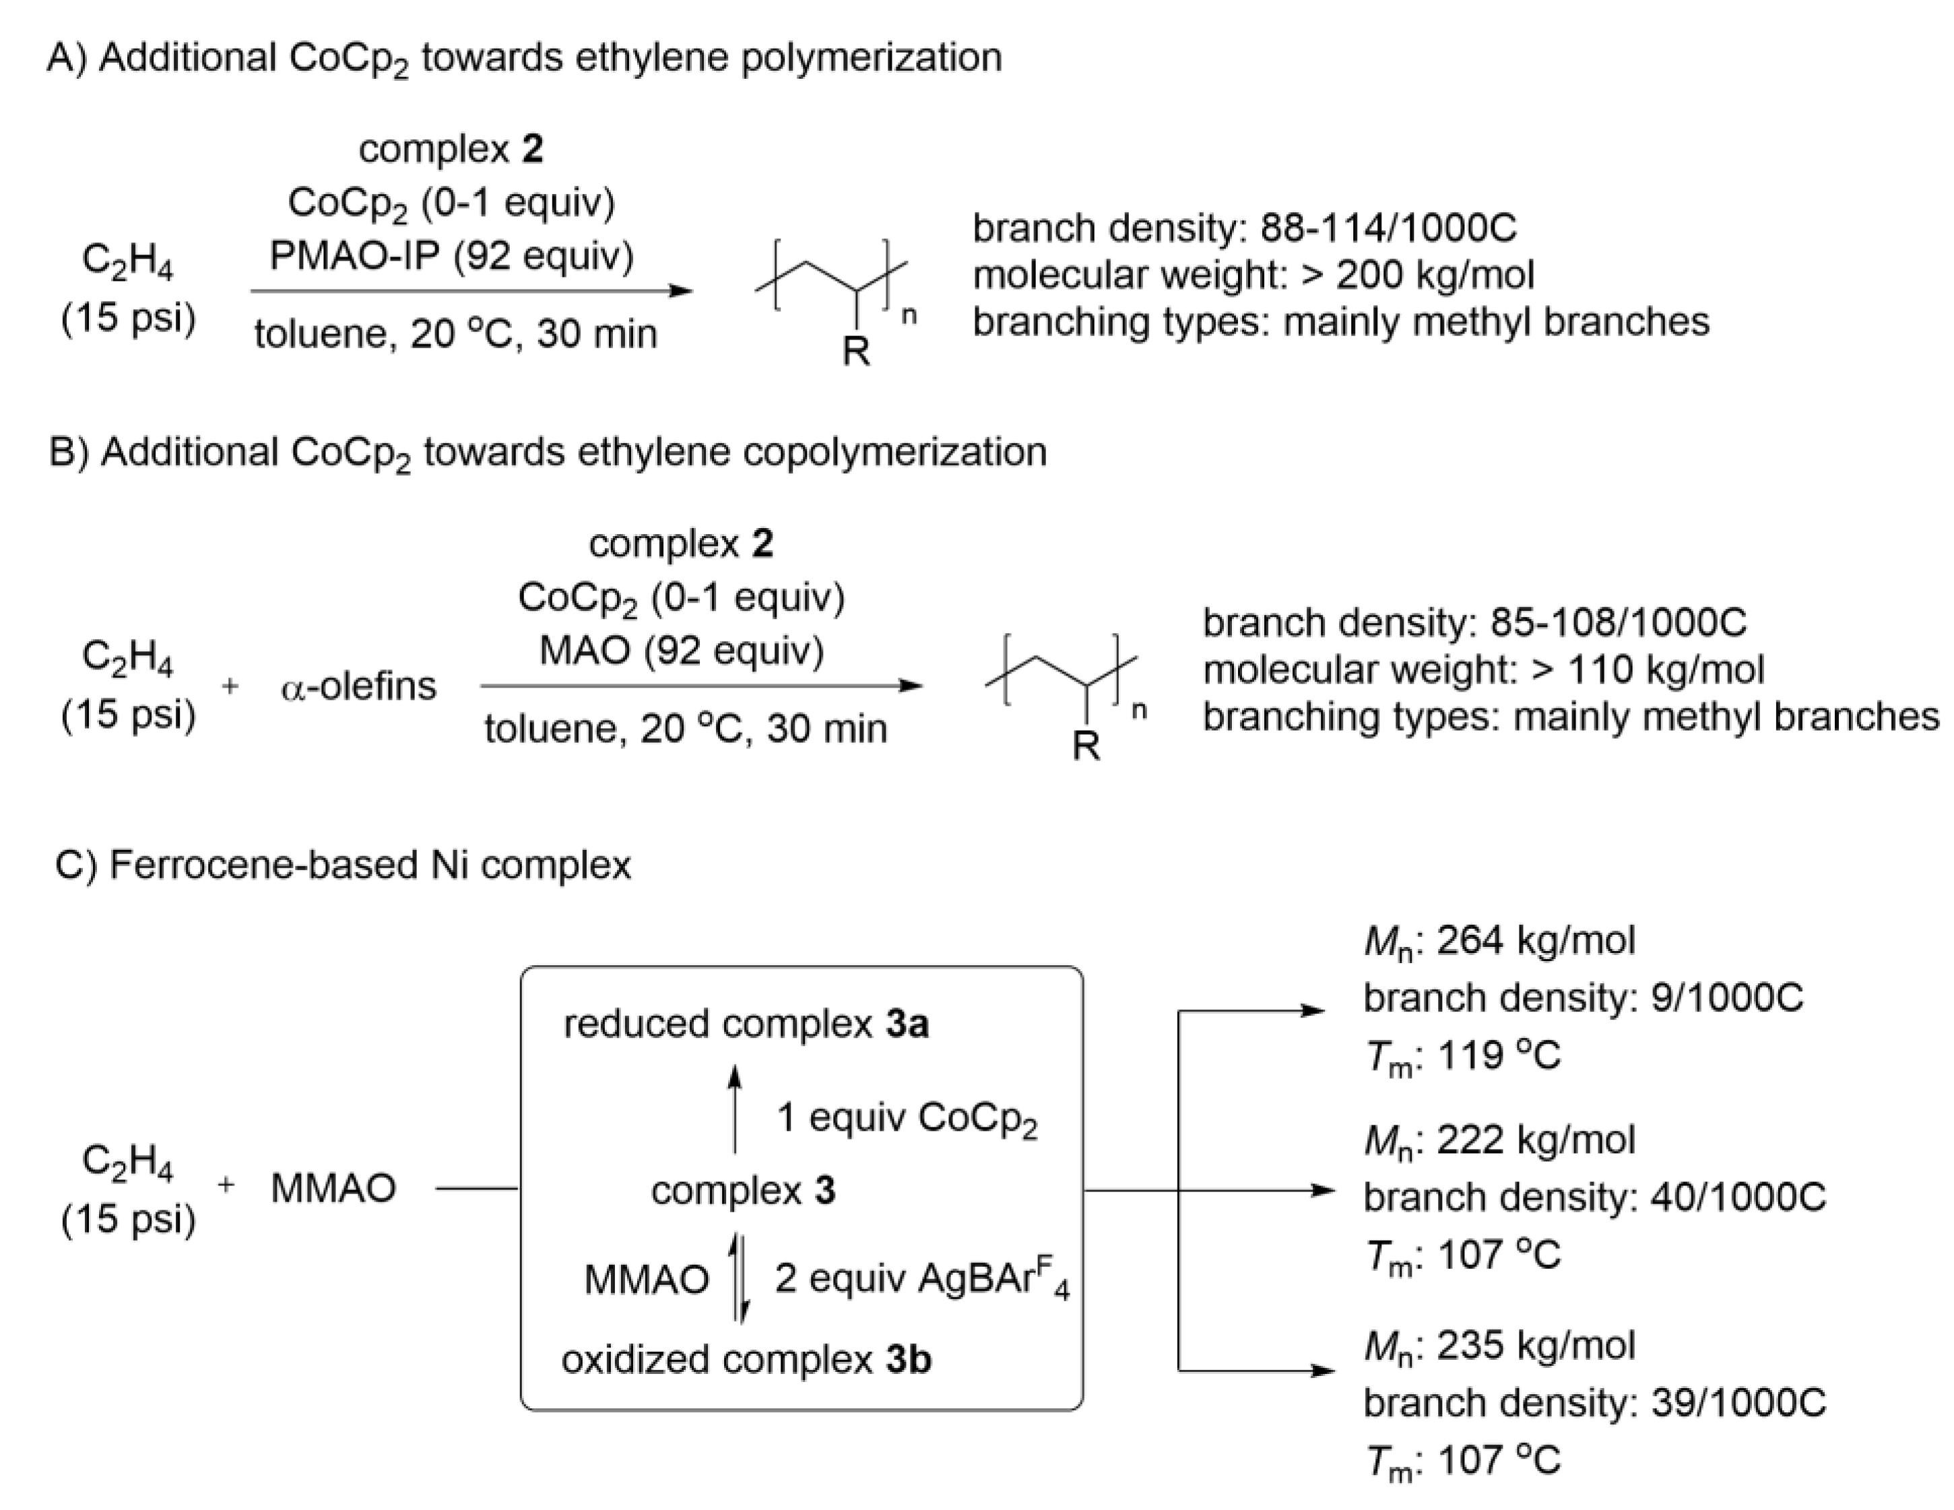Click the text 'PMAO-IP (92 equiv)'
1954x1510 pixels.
pyautogui.click(x=452, y=257)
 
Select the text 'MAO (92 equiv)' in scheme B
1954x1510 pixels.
pyautogui.click(x=681, y=651)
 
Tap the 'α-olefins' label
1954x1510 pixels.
pyautogui.click(x=358, y=687)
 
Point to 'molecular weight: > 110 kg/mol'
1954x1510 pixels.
pyautogui.click(x=1483, y=669)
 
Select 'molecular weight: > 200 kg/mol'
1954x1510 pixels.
pyautogui.click(x=1253, y=275)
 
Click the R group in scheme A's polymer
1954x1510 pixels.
pyautogui.click(x=856, y=352)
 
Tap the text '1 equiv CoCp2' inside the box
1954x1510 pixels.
pyautogui.click(x=907, y=1117)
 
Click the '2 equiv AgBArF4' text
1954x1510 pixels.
pyautogui.click(x=921, y=1278)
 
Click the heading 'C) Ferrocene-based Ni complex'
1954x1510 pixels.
pyautogui.click(x=343, y=865)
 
